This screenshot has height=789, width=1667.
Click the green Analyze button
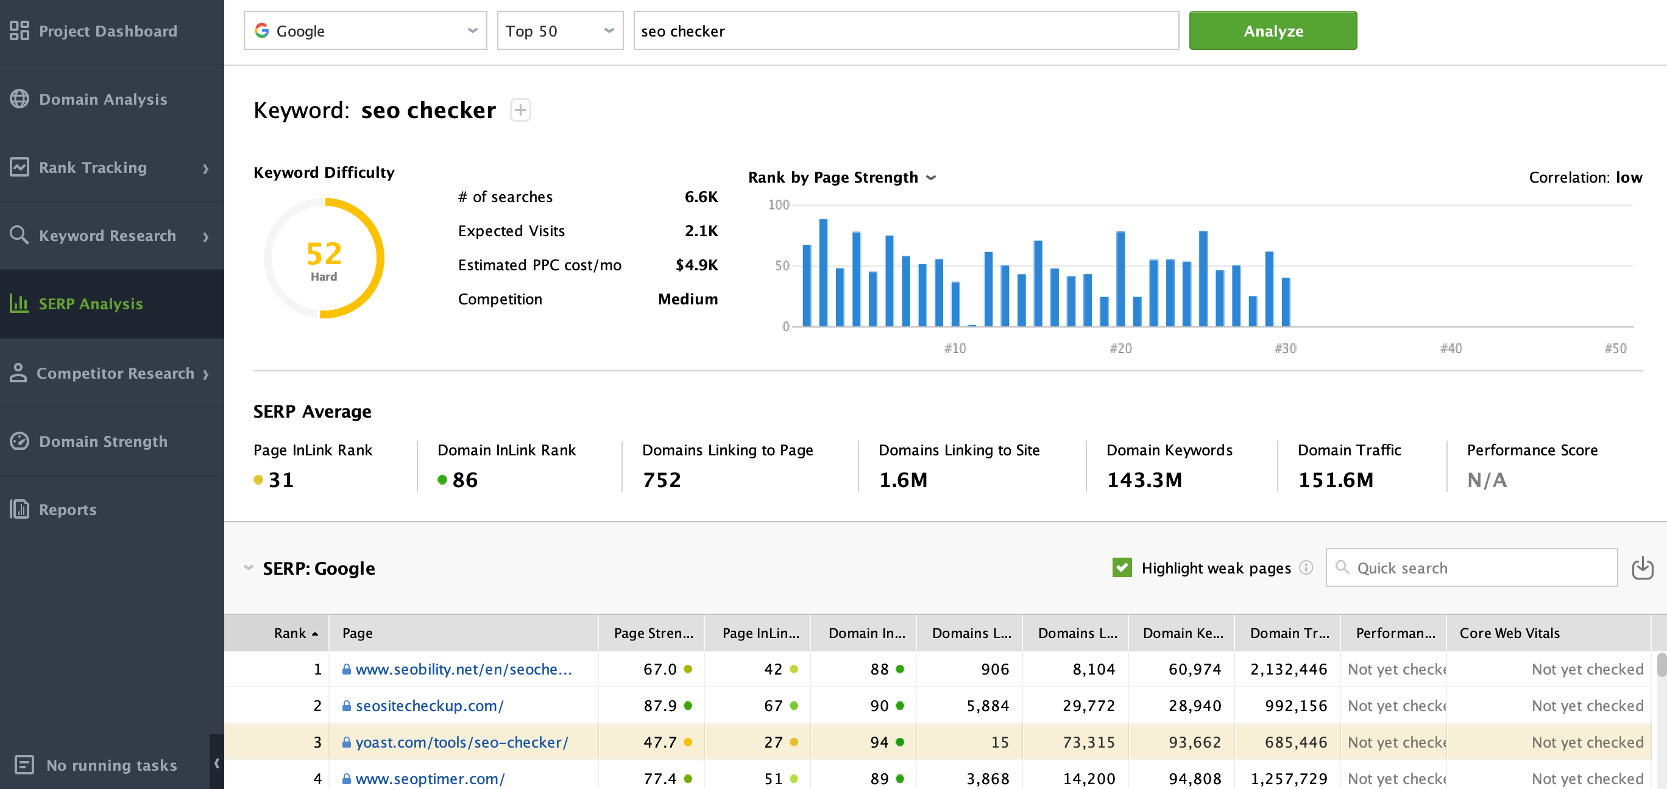coord(1272,30)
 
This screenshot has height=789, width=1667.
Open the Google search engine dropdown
coord(365,30)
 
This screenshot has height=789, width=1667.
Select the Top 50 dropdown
coord(560,30)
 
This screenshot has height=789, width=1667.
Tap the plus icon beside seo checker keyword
coord(520,110)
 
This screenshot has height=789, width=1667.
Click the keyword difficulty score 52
coord(324,253)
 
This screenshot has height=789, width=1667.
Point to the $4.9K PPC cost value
coord(696,265)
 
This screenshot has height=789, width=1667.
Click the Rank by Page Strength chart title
coord(833,177)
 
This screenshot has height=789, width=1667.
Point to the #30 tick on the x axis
coord(1285,349)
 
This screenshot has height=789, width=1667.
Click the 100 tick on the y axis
coord(779,205)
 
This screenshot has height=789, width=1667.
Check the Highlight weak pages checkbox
coord(1122,567)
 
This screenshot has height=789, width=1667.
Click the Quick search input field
coord(1471,567)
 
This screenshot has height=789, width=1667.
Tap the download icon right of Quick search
coord(1643,567)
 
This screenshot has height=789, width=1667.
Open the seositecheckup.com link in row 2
coord(429,706)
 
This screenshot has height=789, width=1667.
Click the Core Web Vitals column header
coord(1509,633)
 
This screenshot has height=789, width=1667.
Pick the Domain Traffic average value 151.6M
coord(1335,480)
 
